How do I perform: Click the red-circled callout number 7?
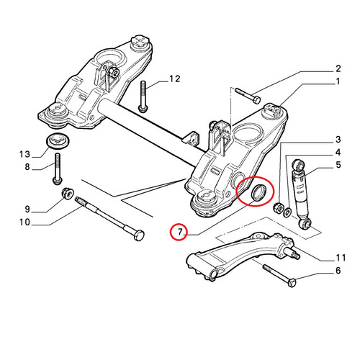point(181,232)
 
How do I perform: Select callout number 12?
point(174,78)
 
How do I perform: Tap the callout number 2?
point(338,68)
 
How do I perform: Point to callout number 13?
point(24,154)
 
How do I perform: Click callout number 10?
point(24,222)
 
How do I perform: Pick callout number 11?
point(341,258)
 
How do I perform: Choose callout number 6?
point(338,271)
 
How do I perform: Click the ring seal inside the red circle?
point(258,192)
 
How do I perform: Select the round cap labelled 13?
point(58,141)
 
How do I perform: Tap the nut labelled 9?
point(68,194)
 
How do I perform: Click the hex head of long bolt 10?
point(138,235)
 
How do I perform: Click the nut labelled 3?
point(279,207)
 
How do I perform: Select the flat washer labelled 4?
point(287,212)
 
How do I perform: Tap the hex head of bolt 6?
point(292,282)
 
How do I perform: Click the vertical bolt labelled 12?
point(143,96)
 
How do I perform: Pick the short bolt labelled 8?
point(58,169)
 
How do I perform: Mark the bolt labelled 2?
point(248,96)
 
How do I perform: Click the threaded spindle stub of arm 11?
point(293,253)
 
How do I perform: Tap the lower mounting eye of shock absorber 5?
point(305,224)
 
